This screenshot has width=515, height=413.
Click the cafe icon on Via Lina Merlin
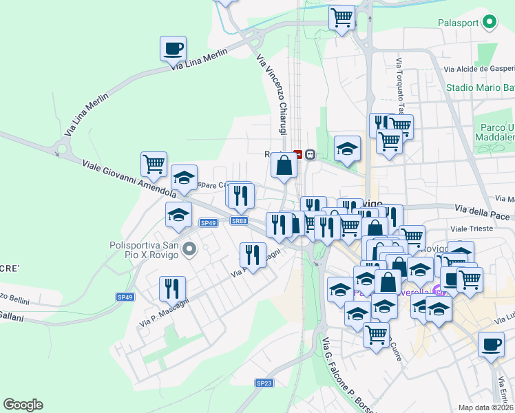coord(173,50)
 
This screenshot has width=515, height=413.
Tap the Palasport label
coord(459,23)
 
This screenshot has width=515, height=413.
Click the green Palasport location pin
coord(490,23)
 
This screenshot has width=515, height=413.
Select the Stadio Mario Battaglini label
coord(480,87)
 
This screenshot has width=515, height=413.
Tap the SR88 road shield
coord(239,221)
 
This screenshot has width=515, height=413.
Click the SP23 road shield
coord(264,383)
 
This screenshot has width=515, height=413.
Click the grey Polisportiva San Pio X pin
coord(191,248)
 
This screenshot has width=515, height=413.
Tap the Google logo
coord(23,405)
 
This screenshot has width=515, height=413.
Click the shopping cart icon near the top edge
coord(341,18)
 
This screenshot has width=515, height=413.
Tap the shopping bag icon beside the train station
coord(284,165)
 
